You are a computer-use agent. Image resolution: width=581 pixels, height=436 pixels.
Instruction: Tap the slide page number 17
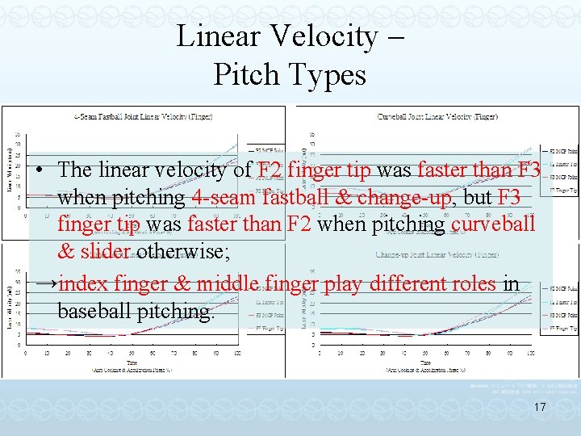(x=540, y=409)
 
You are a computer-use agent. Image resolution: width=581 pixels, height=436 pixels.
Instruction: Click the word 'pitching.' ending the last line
(x=185, y=311)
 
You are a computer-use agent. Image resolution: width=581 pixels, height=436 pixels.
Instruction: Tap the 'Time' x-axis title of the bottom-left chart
(x=132, y=363)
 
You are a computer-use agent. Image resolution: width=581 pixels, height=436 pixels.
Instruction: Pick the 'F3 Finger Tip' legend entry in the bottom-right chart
(x=562, y=329)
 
